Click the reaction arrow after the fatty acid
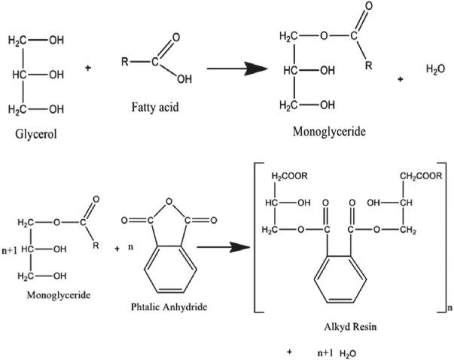(x=236, y=70)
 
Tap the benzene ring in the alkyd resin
(x=343, y=278)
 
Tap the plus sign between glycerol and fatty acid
(x=88, y=69)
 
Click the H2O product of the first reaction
(x=435, y=69)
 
